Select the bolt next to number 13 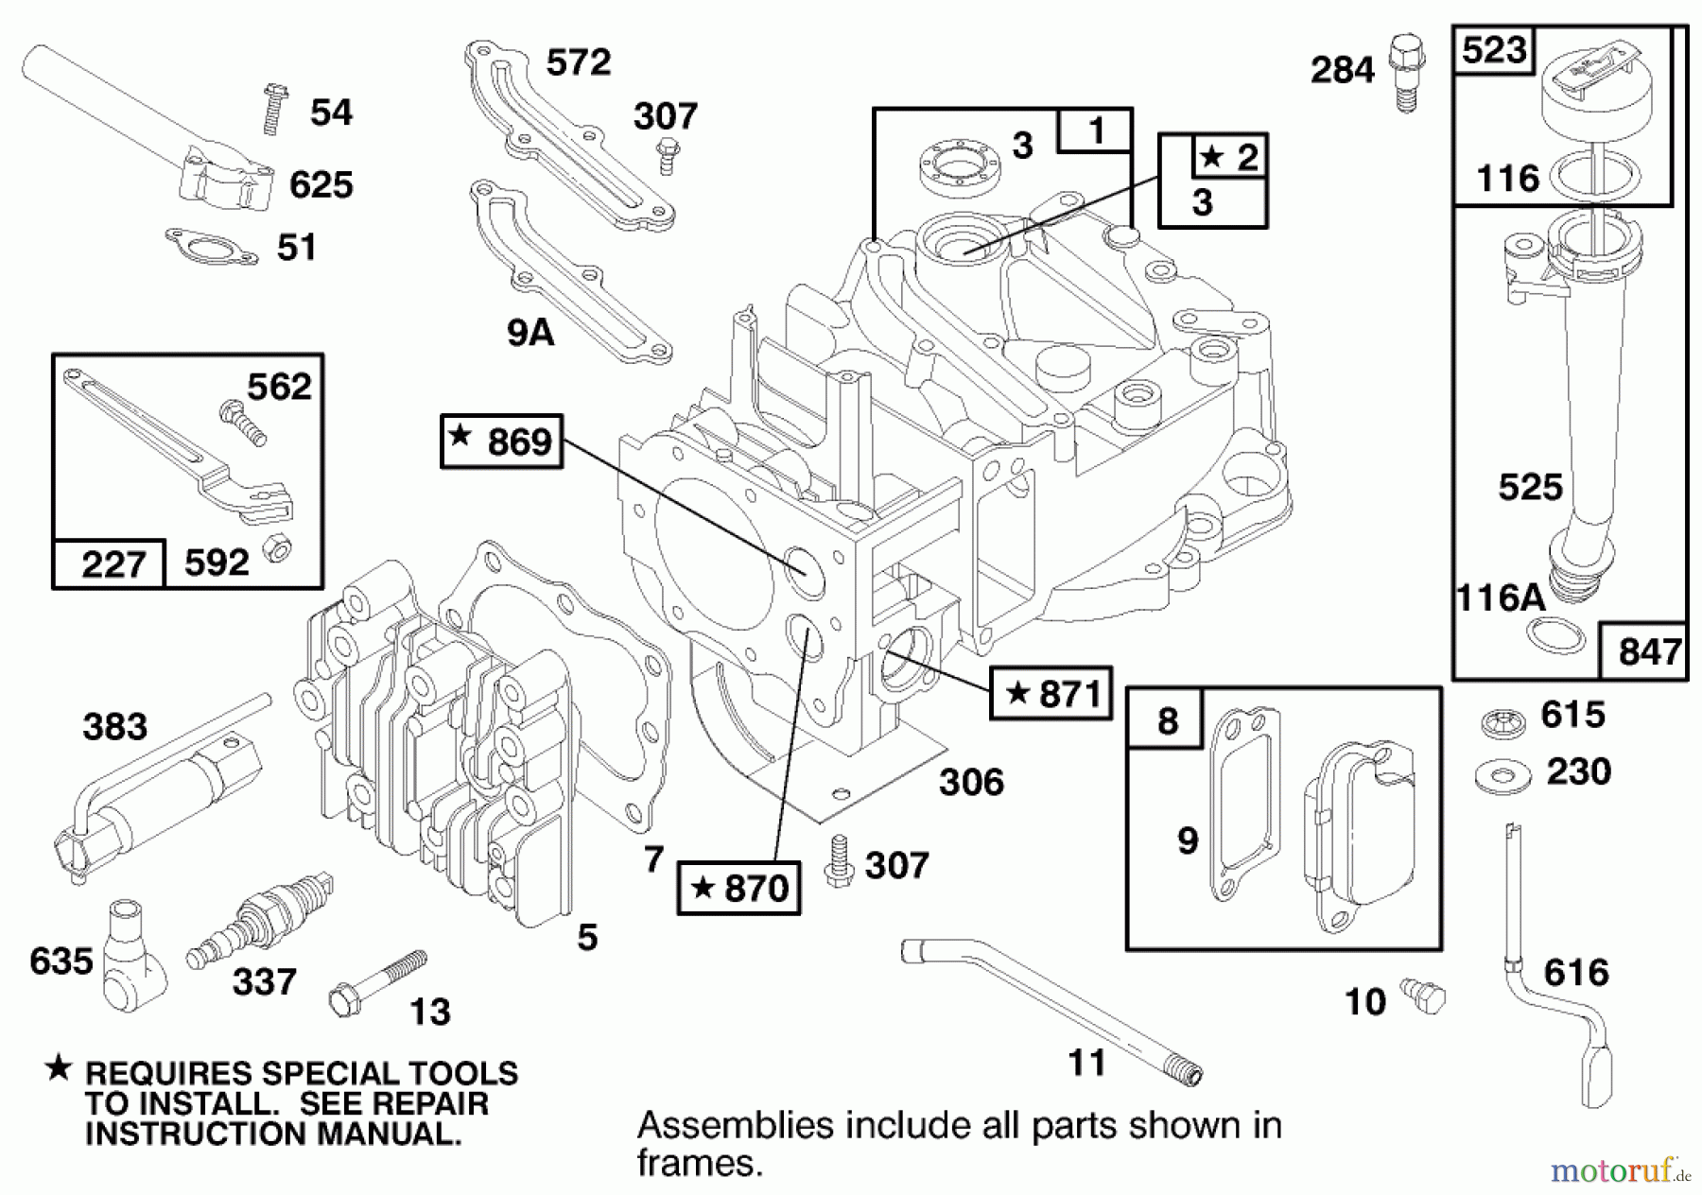tap(376, 983)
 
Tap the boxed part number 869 tap(502, 441)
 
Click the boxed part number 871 tap(1051, 693)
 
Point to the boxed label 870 tap(739, 888)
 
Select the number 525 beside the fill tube tap(1531, 487)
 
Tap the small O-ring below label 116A tap(1556, 634)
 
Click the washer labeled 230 tap(1502, 776)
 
